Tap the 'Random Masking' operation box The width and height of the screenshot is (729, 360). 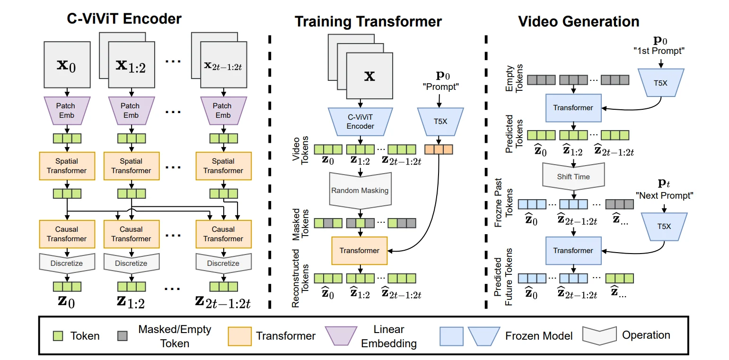point(360,190)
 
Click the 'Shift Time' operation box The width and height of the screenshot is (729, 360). point(573,177)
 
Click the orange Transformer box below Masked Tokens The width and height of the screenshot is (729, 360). point(360,250)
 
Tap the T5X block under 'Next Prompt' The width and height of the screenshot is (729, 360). point(664,226)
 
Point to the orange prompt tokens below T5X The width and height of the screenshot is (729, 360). point(439,149)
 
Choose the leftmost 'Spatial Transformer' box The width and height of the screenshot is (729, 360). point(67,166)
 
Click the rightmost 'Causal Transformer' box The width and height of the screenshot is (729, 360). point(223,234)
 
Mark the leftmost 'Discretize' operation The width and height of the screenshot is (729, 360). point(67,263)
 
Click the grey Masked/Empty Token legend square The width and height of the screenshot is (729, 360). point(121,336)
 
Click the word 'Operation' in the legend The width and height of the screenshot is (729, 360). point(646,335)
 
